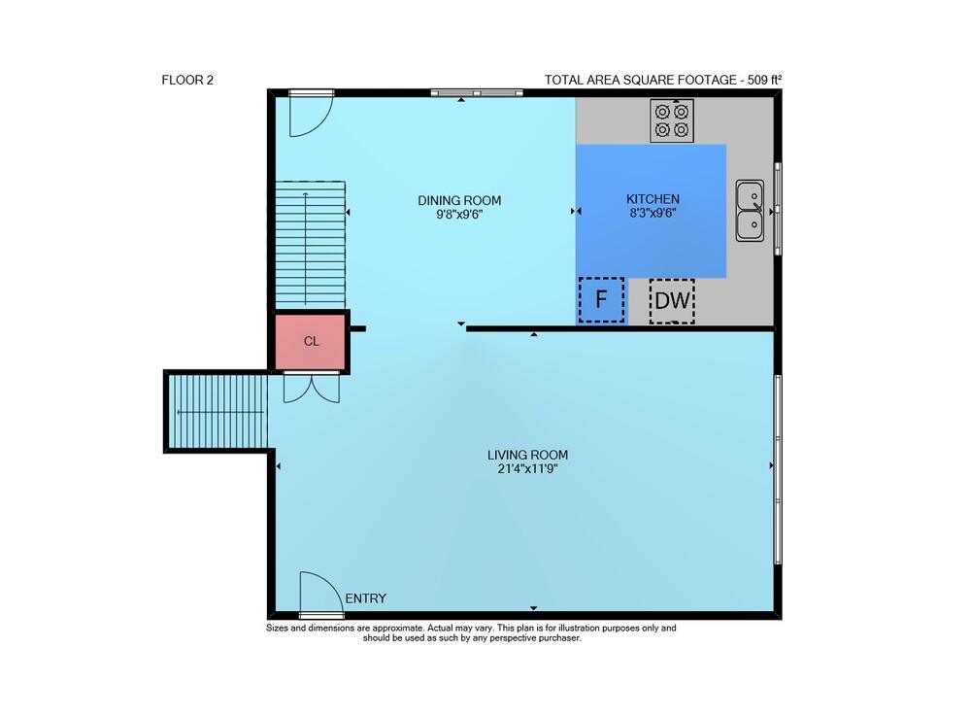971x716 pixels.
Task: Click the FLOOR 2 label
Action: [x=187, y=80]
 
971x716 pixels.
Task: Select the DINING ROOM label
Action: [x=459, y=201]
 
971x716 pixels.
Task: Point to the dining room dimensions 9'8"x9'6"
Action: [x=459, y=215]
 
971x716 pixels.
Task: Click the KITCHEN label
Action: [x=653, y=199]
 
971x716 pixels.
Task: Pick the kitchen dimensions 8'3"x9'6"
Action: [x=653, y=214]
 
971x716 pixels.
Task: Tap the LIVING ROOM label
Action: [x=527, y=456]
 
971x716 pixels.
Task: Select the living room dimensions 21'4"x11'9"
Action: [x=527, y=469]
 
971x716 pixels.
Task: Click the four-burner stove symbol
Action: [x=672, y=120]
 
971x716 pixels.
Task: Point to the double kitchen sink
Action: [x=750, y=211]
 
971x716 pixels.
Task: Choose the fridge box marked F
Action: [x=601, y=300]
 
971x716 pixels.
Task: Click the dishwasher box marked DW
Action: [x=672, y=301]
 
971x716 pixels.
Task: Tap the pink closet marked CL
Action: [x=311, y=342]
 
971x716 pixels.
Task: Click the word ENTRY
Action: [x=366, y=598]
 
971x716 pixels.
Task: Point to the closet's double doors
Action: [x=312, y=388]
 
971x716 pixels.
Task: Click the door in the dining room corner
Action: [x=312, y=114]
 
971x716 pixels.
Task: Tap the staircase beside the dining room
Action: [x=310, y=245]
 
